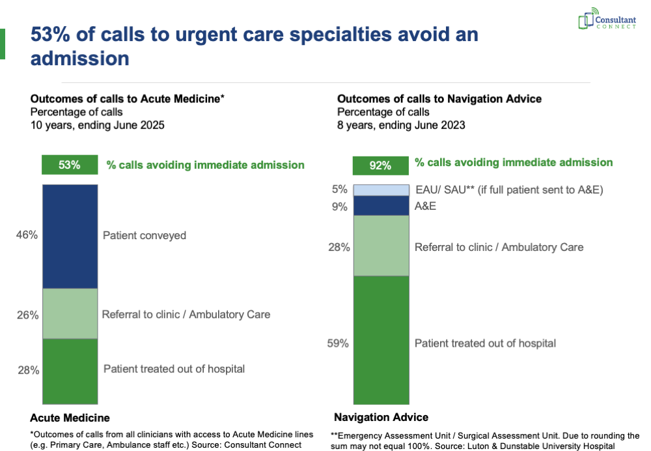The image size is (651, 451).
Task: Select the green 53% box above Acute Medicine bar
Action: [70, 165]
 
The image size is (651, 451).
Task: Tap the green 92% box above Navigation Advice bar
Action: [380, 166]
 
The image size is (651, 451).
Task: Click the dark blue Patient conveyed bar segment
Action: [70, 236]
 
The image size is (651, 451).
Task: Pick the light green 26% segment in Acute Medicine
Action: [70, 313]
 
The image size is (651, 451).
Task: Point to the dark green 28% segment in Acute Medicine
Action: [70, 371]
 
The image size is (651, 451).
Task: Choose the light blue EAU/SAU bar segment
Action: [380, 190]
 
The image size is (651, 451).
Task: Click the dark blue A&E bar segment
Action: [380, 205]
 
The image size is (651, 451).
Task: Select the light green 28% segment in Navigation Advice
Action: [380, 246]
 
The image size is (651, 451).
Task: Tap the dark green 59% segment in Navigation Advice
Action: [380, 340]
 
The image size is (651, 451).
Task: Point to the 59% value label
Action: [337, 343]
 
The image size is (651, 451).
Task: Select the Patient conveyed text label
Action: [145, 235]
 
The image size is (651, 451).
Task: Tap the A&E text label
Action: [426, 206]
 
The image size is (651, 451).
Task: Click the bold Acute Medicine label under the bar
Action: [70, 418]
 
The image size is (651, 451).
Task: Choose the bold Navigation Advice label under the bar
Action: [381, 417]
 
